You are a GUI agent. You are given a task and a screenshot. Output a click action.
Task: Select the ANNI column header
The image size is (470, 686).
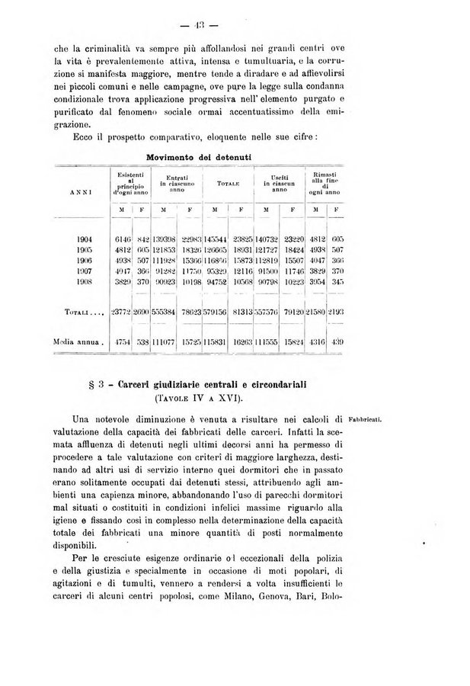pos(82,193)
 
